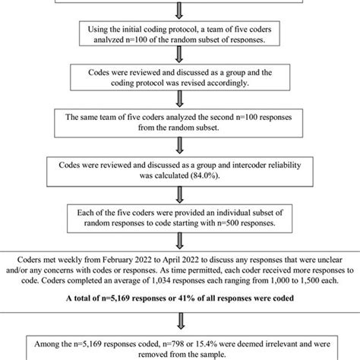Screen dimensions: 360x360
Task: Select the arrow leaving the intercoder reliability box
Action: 180,192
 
